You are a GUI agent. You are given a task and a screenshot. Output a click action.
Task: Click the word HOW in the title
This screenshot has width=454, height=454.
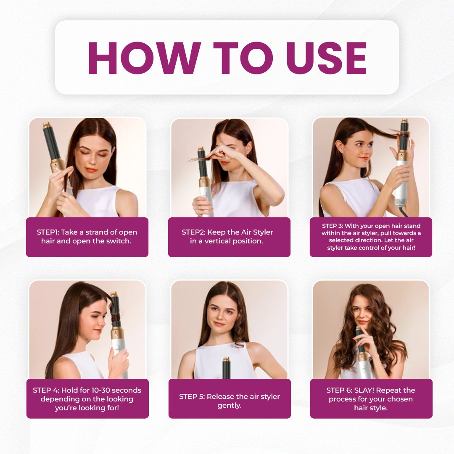click(144, 58)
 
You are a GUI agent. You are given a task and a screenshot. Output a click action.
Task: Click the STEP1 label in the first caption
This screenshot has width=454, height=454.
click(48, 232)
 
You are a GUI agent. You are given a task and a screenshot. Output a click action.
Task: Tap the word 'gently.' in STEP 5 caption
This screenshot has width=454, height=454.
click(230, 406)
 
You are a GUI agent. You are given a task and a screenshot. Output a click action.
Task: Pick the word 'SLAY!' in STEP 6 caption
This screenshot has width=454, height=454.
click(364, 390)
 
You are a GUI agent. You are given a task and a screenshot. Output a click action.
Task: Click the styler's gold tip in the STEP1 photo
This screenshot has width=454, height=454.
click(47, 125)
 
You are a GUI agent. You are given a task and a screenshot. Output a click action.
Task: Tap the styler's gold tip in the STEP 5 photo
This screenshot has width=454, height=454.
click(227, 361)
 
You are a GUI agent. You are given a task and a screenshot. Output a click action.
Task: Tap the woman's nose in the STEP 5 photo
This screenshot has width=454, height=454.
click(221, 317)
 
